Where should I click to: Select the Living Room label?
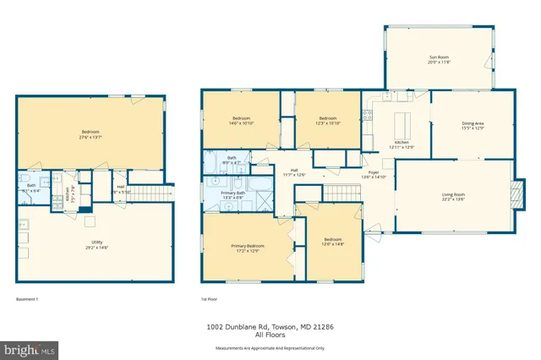[453, 195]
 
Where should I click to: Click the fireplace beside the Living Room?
[518, 194]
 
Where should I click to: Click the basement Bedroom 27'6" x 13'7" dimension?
[90, 137]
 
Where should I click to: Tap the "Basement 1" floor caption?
[28, 298]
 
